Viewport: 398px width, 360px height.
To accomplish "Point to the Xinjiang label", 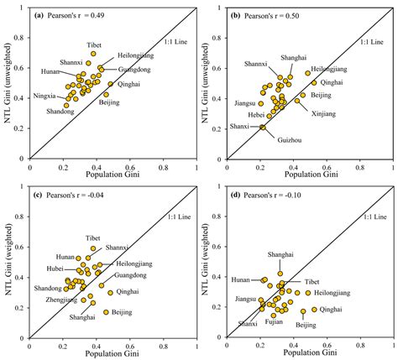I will point(326,112).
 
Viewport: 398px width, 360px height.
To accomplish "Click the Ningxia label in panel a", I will point(44,96).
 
